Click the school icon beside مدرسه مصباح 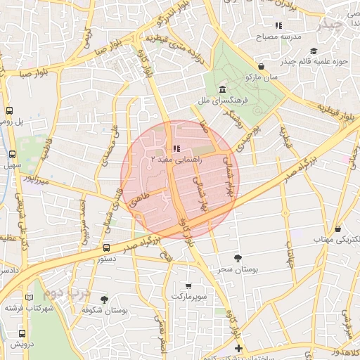(x=279, y=26)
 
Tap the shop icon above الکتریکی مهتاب (x=338, y=229)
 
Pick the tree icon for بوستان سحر (x=238, y=258)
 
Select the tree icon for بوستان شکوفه (x=104, y=300)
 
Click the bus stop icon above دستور (x=106, y=247)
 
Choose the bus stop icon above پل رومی (x=10, y=110)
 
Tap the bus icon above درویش (x=22, y=333)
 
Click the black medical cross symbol (x=238, y=348)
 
